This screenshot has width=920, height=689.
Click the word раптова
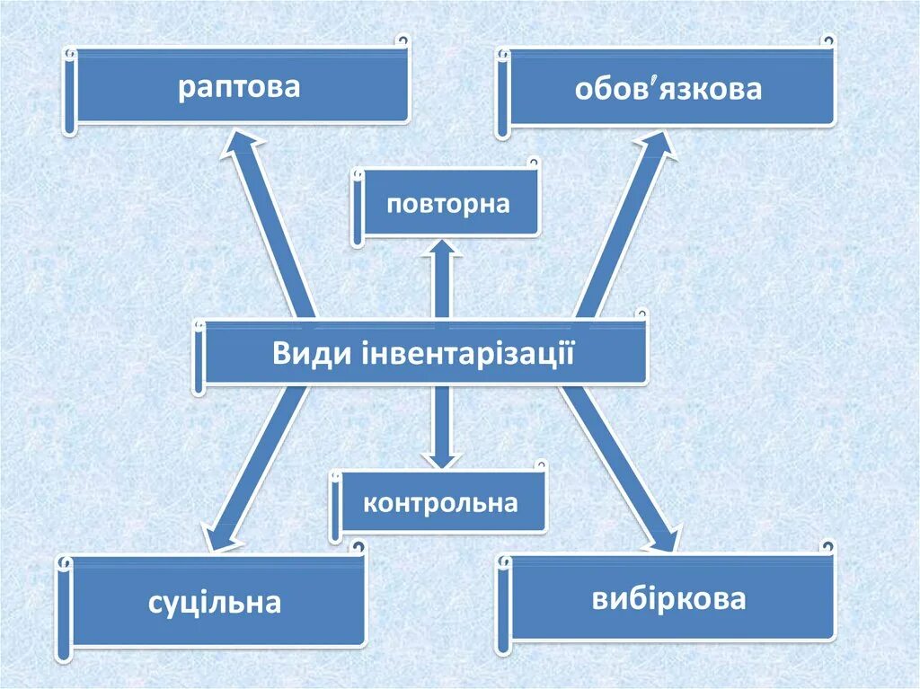pos(238,88)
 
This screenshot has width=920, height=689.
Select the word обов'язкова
pos(668,89)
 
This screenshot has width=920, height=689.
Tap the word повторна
pos(448,203)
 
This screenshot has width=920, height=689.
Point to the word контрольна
pos(440,502)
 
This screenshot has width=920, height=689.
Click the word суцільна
pos(215,602)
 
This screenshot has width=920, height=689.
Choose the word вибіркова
pos(668,598)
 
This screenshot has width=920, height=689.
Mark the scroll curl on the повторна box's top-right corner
pos(533,164)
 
